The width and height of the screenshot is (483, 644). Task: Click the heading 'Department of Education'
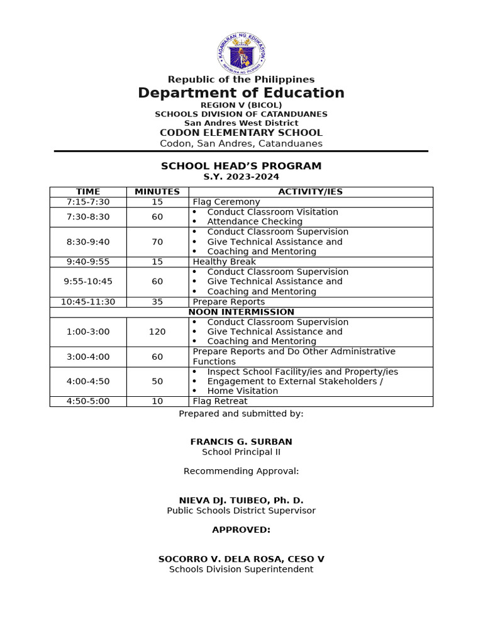[241, 93]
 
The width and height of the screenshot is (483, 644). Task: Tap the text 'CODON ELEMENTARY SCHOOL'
[241, 133]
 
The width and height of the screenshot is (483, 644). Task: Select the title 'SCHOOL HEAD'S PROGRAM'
[241, 166]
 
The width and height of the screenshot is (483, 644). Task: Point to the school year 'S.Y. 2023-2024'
[241, 177]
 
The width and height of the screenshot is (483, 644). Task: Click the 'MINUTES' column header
[157, 192]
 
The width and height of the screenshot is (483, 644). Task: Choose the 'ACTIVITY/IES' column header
[311, 192]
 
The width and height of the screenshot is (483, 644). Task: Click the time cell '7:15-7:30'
[88, 202]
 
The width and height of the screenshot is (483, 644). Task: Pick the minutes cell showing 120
[157, 331]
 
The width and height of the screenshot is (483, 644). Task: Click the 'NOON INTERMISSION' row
[241, 312]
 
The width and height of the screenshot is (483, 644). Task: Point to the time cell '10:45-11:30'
[88, 302]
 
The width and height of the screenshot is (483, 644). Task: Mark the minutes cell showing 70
[157, 241]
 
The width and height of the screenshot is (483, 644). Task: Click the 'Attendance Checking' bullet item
[255, 221]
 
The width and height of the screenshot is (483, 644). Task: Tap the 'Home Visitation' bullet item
[243, 391]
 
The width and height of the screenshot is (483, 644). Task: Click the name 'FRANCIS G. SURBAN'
[241, 442]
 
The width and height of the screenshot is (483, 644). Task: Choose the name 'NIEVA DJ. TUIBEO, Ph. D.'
[241, 501]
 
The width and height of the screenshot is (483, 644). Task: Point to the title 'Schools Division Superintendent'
[241, 569]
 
